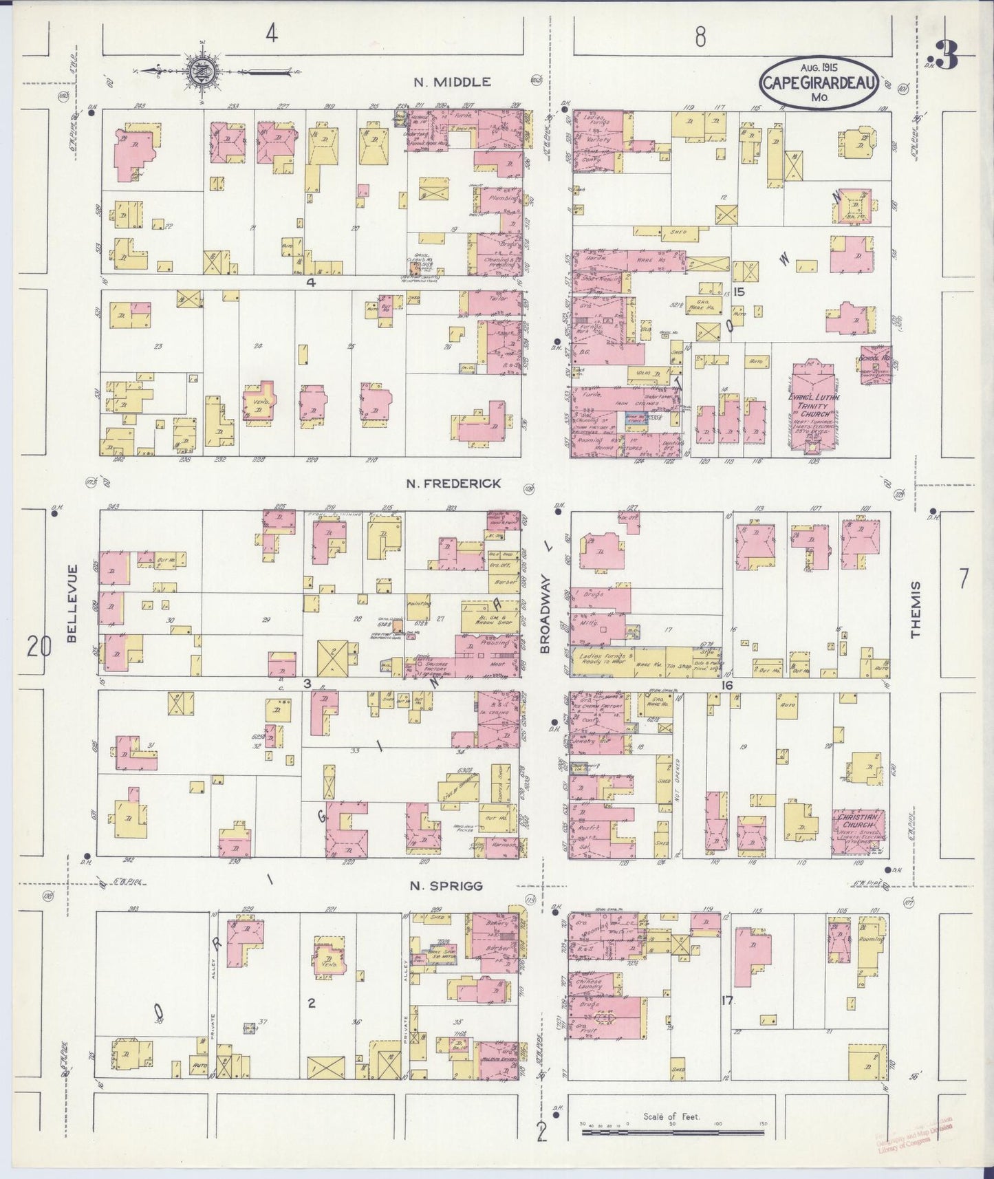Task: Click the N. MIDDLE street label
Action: pyautogui.click(x=452, y=82)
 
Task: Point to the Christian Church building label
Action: pyautogui.click(x=855, y=821)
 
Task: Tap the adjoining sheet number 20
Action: pyautogui.click(x=39, y=647)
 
